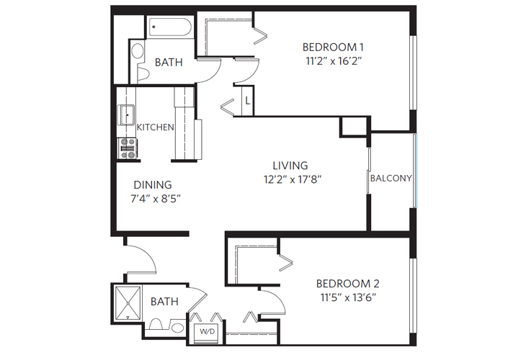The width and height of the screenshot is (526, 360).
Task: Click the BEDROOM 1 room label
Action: click(332, 48)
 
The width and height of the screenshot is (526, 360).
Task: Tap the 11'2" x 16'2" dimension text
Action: click(332, 62)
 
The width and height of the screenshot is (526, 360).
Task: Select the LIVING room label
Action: click(290, 166)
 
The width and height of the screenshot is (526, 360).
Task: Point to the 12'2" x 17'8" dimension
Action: click(290, 180)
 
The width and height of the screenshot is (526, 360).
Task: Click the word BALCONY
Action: click(391, 178)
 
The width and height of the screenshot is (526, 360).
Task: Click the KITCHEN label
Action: click(156, 127)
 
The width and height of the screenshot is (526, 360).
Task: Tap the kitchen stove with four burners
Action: click(127, 148)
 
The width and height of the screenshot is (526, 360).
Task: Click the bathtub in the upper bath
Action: click(171, 29)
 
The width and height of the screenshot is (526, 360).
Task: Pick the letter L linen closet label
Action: click(247, 100)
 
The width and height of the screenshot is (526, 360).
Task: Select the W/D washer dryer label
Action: click(207, 332)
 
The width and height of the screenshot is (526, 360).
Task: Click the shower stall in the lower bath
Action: click(128, 302)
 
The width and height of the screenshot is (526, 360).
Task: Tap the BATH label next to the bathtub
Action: click(168, 62)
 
